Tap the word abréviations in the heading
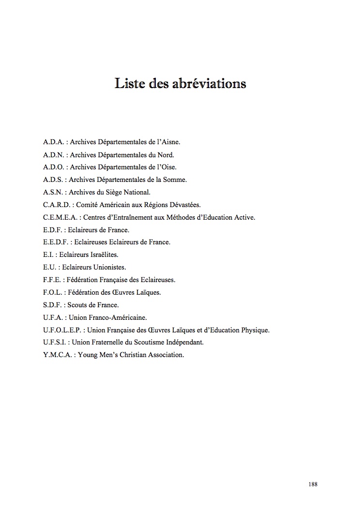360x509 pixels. point(209,83)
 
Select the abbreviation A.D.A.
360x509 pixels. point(53,142)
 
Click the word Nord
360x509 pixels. point(165,155)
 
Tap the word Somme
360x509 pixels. point(176,180)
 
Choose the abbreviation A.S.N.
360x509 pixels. point(53,192)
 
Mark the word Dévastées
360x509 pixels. point(184,205)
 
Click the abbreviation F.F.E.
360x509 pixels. point(51,280)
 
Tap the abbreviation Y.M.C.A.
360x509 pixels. point(56,355)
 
